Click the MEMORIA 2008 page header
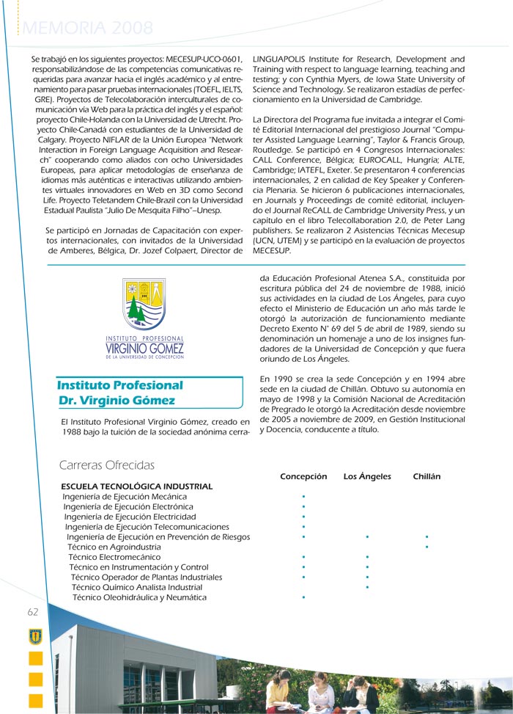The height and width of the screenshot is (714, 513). click(x=88, y=29)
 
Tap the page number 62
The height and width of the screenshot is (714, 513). click(x=33, y=612)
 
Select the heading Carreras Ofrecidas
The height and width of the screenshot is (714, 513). click(x=106, y=465)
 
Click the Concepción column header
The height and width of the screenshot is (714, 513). click(x=303, y=476)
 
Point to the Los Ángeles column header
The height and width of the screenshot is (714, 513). click(x=367, y=476)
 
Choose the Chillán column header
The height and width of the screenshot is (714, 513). click(x=427, y=476)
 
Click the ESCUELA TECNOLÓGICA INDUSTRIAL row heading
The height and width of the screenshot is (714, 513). click(x=137, y=487)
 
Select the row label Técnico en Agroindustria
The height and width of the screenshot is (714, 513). click(x=114, y=547)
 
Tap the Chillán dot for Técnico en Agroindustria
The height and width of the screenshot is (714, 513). click(x=427, y=547)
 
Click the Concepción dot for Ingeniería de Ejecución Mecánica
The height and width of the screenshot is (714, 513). click(x=303, y=497)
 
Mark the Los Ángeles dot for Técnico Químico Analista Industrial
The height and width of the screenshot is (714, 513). click(x=367, y=587)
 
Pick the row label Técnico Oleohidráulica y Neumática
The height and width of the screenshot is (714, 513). click(x=139, y=597)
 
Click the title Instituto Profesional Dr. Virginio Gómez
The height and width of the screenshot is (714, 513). click(x=119, y=393)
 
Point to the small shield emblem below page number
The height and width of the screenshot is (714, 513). click(x=34, y=636)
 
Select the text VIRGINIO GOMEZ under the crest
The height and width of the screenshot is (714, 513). click(x=144, y=348)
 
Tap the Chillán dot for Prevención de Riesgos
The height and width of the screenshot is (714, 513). click(x=427, y=537)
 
